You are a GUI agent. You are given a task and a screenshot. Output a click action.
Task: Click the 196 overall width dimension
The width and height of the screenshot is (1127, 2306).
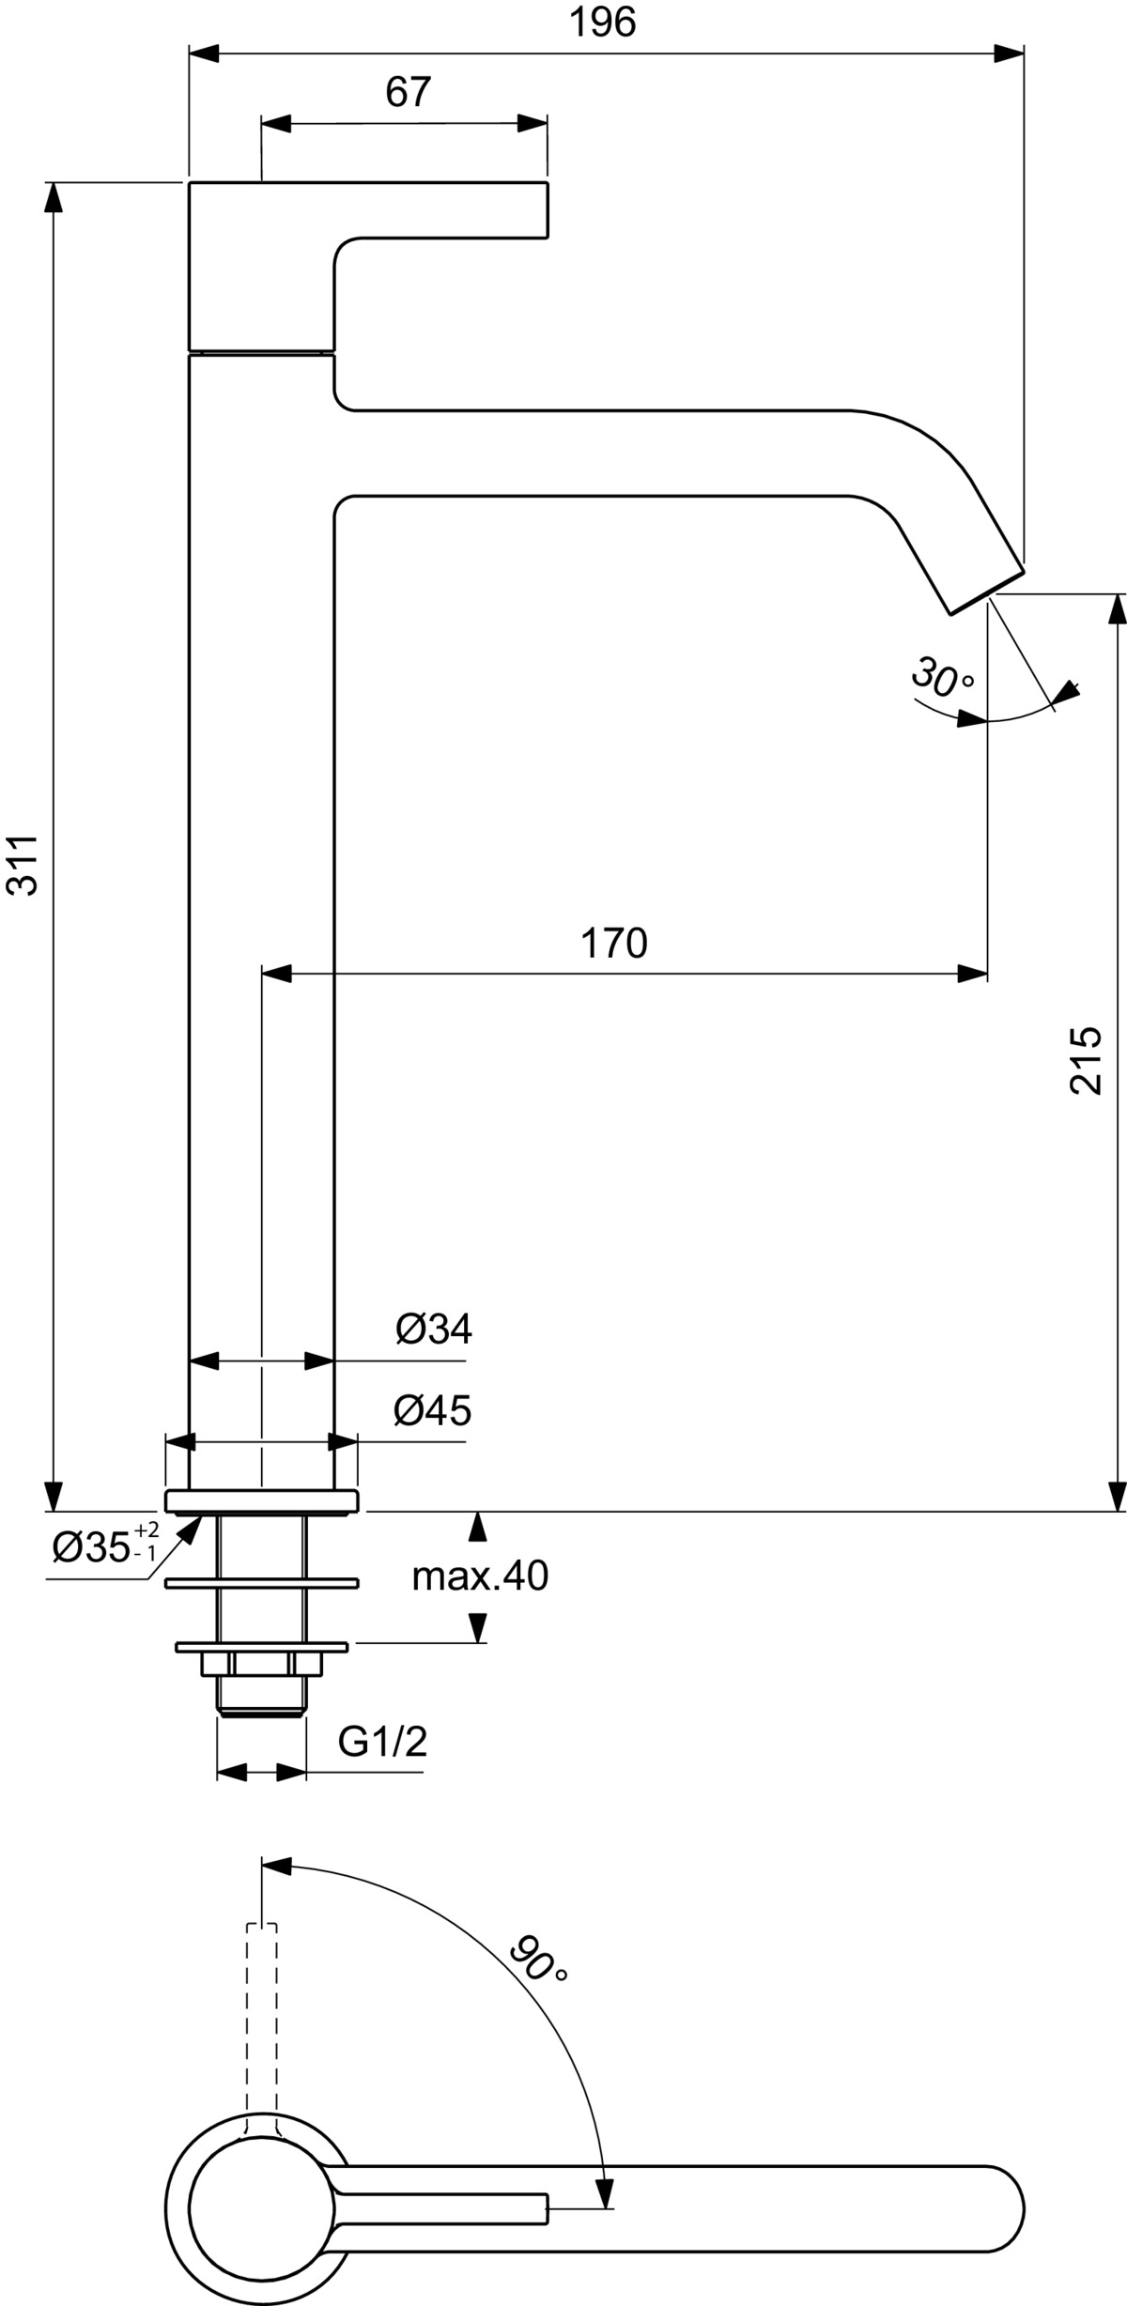(603, 23)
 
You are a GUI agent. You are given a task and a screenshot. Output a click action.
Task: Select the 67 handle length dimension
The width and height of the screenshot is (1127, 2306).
(408, 92)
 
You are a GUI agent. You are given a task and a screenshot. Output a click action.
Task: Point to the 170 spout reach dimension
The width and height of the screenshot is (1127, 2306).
(614, 943)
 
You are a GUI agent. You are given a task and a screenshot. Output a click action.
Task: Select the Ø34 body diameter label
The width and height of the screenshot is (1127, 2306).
(434, 1329)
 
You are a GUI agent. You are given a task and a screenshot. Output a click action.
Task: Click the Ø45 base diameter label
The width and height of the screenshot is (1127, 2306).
(433, 1410)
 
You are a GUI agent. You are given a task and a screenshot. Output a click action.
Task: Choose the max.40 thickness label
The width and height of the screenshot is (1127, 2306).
(480, 1576)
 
